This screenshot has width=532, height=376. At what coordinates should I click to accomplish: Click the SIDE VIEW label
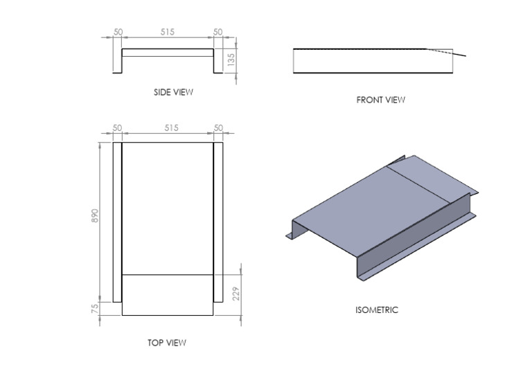(173, 91)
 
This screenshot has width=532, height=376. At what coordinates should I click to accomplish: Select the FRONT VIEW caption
(380, 100)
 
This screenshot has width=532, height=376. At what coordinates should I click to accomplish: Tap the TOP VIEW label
(166, 342)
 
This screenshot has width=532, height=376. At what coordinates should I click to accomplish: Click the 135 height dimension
(231, 60)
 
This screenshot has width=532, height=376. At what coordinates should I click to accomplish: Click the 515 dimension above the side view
(167, 32)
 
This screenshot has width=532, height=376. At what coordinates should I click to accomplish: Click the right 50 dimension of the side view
(218, 32)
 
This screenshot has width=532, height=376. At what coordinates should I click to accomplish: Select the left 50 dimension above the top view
(117, 127)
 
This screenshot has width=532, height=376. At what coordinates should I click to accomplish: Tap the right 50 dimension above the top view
(218, 127)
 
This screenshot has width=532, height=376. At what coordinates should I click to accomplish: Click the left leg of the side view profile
(117, 60)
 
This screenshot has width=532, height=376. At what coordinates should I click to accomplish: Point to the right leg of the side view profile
(218, 60)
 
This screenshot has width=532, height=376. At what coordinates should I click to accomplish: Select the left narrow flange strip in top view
(117, 222)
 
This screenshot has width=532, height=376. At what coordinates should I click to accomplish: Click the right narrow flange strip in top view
(218, 222)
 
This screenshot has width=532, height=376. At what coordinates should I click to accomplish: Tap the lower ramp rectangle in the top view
(167, 295)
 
